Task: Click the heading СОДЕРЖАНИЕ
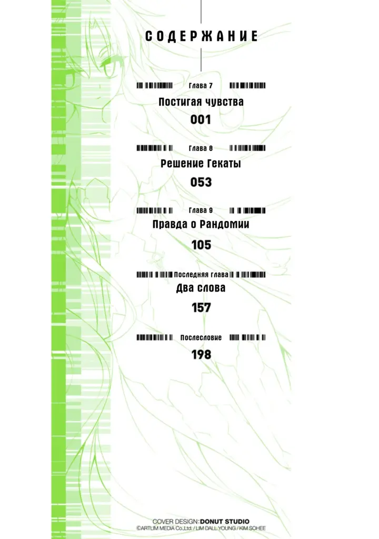201,36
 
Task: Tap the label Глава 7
201,86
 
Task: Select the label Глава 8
201,148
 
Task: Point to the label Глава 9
201,210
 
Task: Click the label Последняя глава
201,275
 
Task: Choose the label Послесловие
201,337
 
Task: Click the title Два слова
201,288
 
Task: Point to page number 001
201,119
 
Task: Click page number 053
201,182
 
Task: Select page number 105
201,245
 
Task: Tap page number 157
201,307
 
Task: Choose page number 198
201,354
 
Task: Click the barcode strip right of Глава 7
247,86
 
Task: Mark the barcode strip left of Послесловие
154,337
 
